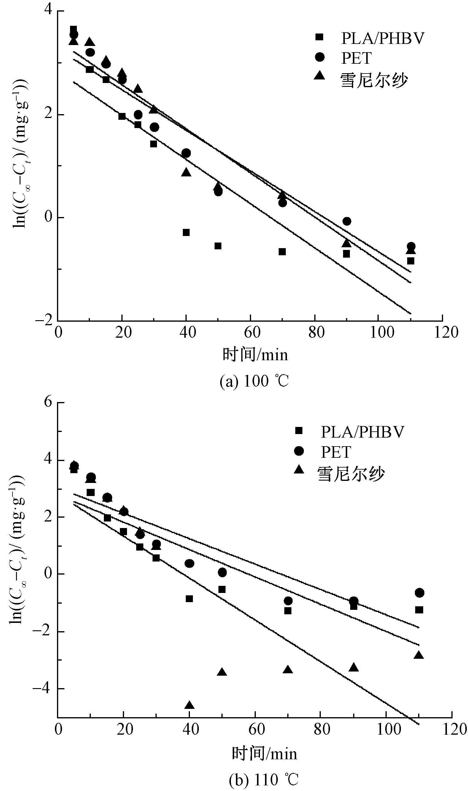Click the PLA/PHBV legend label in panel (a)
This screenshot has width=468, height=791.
click(x=383, y=38)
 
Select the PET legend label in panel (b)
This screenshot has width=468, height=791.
click(x=336, y=452)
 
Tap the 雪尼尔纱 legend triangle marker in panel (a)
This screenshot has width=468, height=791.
click(x=320, y=76)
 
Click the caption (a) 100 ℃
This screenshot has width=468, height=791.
click(x=254, y=381)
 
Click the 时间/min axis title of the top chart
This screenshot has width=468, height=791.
click(x=255, y=355)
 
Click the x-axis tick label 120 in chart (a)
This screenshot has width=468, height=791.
click(x=446, y=333)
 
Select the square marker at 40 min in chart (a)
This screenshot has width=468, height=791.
click(x=186, y=232)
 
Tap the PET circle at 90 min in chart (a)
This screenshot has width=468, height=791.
click(x=347, y=221)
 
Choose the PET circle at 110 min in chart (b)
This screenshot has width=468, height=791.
click(x=419, y=593)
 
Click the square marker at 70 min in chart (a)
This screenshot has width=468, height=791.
click(x=282, y=252)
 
